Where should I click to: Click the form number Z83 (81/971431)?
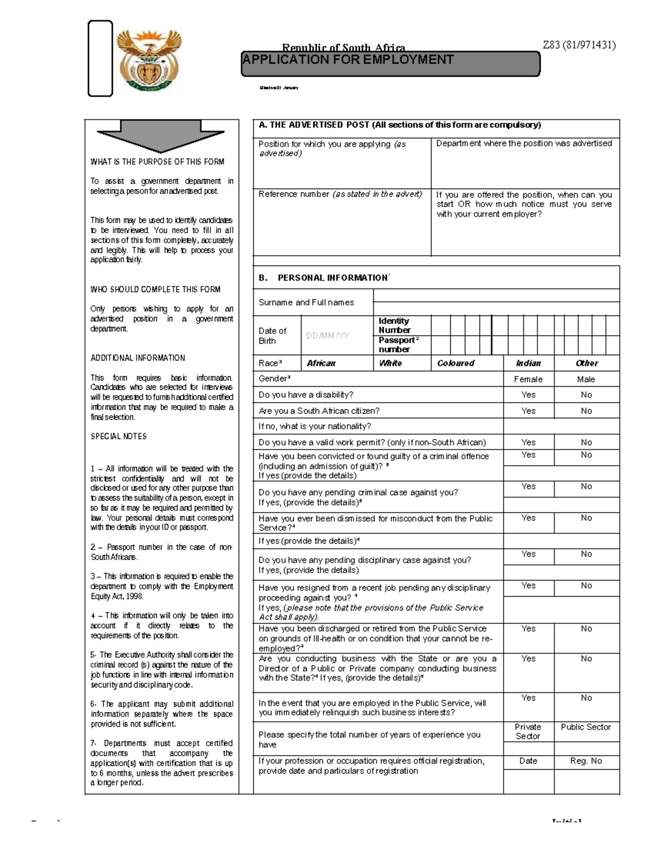point(579,45)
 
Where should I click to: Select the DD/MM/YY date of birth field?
point(328,336)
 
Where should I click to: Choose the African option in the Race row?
point(321,363)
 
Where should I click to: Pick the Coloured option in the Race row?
point(456,363)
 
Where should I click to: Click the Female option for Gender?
point(528,379)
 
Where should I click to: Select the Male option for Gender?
point(586,379)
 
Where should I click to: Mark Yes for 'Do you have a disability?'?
point(528,395)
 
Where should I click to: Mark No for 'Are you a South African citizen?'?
point(586,411)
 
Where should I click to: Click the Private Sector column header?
point(528,731)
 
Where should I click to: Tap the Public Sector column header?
point(586,727)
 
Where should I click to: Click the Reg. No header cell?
point(586,761)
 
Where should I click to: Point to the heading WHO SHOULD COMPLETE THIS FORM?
point(155,289)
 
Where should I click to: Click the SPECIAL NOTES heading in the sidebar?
point(118,436)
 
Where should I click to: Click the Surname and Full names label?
point(306,302)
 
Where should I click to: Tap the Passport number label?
point(398,345)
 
